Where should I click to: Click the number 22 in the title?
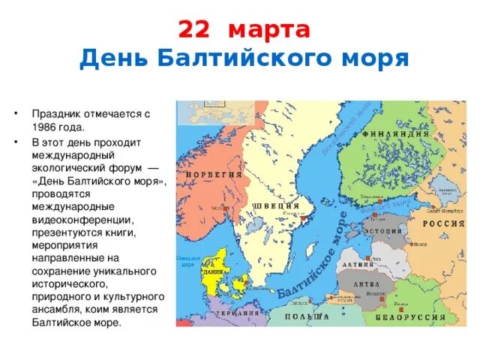(194, 31)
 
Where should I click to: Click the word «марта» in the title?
(269, 31)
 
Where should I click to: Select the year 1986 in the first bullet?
(47, 127)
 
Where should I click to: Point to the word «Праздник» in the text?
(56, 114)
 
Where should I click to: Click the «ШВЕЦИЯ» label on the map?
(280, 205)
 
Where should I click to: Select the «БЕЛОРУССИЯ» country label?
(418, 316)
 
